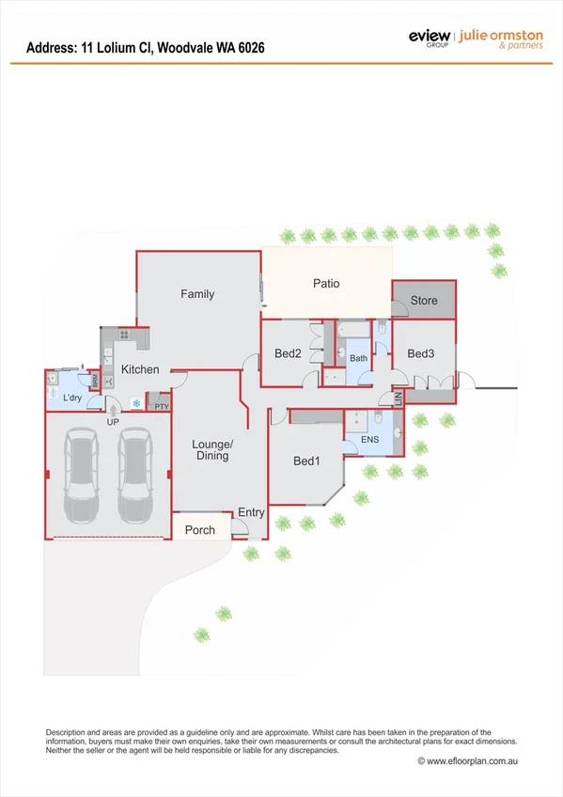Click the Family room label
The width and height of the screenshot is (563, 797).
[197, 294]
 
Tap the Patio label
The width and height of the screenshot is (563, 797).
[326, 283]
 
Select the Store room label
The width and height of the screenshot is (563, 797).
[424, 301]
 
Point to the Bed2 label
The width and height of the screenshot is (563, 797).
[287, 354]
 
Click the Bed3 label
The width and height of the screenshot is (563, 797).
[420, 353]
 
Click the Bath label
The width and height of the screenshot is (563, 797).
[358, 358]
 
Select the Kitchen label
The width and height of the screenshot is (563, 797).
[140, 369]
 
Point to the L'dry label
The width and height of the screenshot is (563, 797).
[74, 398]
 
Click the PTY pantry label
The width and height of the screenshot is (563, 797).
[162, 407]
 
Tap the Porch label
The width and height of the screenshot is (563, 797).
[199, 530]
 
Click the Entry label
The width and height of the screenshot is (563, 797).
[252, 512]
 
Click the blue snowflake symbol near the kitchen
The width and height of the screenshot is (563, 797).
[137, 403]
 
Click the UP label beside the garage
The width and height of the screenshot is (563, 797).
[113, 422]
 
